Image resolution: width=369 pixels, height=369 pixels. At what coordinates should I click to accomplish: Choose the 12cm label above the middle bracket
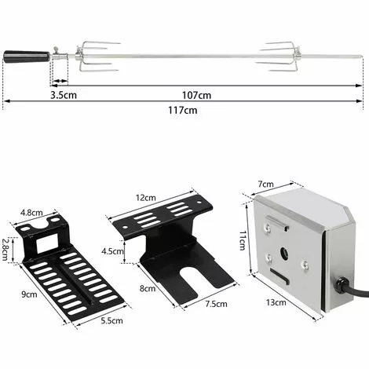click(144, 199)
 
